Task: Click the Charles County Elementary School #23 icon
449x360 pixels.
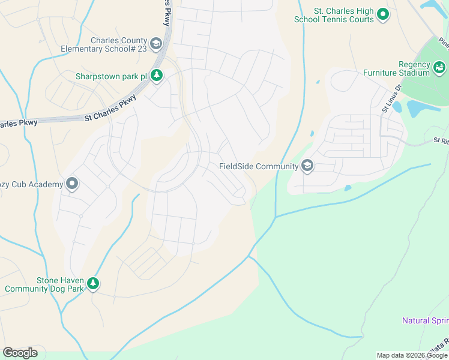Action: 156,44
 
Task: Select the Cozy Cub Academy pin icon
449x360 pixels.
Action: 72,184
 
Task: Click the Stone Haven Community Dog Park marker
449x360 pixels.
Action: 92,284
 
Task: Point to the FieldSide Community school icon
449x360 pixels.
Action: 307,166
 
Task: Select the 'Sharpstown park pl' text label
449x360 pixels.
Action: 111,76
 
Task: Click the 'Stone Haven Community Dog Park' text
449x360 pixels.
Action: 44,284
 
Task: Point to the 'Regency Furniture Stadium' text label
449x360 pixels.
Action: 397,68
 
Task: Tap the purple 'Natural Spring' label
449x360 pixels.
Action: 425,320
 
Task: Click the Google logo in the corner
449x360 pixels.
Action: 20,352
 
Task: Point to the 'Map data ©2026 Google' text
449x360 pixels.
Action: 412,355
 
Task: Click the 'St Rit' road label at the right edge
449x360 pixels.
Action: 441,140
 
